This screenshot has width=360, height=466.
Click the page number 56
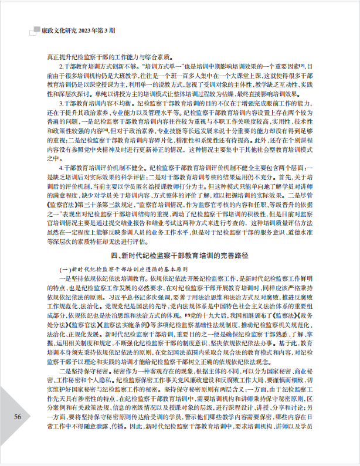click(x=18, y=432)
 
